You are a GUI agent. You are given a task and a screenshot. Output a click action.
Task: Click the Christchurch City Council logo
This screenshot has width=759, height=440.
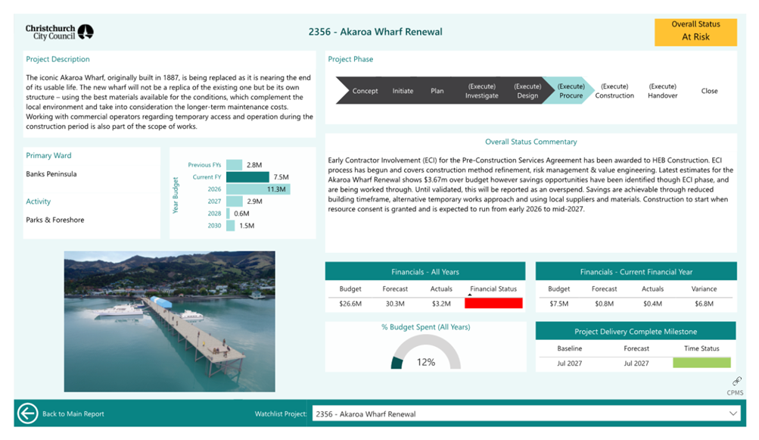59,32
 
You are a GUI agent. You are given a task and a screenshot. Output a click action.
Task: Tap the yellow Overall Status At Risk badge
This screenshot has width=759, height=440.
695,32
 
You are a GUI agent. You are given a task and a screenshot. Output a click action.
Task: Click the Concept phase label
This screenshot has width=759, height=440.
365,91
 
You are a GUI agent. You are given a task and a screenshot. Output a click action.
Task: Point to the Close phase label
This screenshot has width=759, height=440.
709,91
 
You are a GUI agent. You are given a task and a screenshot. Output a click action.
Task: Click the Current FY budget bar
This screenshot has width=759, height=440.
247,177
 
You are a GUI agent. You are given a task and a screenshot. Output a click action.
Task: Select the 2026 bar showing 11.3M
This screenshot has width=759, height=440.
258,189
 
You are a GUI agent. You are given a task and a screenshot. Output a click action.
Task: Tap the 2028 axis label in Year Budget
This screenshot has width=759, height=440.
214,214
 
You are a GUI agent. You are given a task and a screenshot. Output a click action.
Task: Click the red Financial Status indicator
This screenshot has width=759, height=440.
493,304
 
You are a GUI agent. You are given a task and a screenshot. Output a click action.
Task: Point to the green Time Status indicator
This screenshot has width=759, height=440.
701,363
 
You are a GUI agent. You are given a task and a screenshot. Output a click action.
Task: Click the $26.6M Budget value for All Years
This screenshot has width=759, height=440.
350,304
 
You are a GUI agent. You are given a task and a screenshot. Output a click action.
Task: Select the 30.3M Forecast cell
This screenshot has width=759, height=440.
395,304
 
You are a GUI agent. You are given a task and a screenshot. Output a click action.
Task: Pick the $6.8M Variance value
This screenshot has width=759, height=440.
704,304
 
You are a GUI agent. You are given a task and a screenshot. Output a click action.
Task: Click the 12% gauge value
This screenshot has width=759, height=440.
426,362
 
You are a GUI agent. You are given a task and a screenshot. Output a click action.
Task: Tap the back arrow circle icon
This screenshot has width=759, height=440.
27,413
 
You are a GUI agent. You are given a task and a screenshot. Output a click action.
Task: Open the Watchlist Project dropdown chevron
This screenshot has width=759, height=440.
733,413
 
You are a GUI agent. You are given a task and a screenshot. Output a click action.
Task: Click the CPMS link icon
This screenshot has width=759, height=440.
736,382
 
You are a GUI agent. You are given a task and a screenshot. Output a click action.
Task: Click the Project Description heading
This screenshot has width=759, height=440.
58,59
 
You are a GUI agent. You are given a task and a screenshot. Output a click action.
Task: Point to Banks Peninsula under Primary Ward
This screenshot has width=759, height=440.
51,174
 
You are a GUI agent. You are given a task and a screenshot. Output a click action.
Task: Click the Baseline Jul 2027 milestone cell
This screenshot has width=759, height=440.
569,363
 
